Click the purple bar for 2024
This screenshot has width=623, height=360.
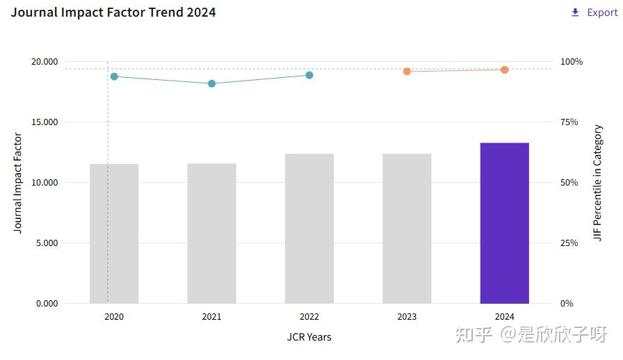pyautogui.click(x=504, y=223)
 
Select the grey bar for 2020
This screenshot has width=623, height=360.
pyautogui.click(x=114, y=234)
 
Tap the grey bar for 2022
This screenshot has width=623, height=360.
pyautogui.click(x=309, y=229)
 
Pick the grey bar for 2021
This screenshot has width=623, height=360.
pyautogui.click(x=211, y=234)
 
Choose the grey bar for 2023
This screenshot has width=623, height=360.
pyautogui.click(x=407, y=229)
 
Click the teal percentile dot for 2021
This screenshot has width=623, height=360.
pyautogui.click(x=211, y=83)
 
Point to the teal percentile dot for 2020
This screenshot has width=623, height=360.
pyautogui.click(x=114, y=76)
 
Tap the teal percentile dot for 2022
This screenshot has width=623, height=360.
pyautogui.click(x=309, y=75)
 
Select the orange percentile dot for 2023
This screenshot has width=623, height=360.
pyautogui.click(x=407, y=71)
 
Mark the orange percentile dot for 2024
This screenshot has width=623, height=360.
pyautogui.click(x=504, y=69)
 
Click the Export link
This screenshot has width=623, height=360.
pyautogui.click(x=602, y=13)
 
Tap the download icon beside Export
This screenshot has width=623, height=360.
pyautogui.click(x=575, y=13)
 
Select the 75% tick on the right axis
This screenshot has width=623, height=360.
pyautogui.click(x=569, y=122)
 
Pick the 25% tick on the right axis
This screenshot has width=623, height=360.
pyautogui.click(x=569, y=243)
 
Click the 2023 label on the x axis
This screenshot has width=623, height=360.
pyautogui.click(x=407, y=317)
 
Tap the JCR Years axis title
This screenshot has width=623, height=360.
pyautogui.click(x=309, y=337)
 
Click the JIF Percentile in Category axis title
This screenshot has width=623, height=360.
pyautogui.click(x=598, y=183)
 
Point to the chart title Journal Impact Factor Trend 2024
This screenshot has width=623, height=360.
pyautogui.click(x=113, y=13)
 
